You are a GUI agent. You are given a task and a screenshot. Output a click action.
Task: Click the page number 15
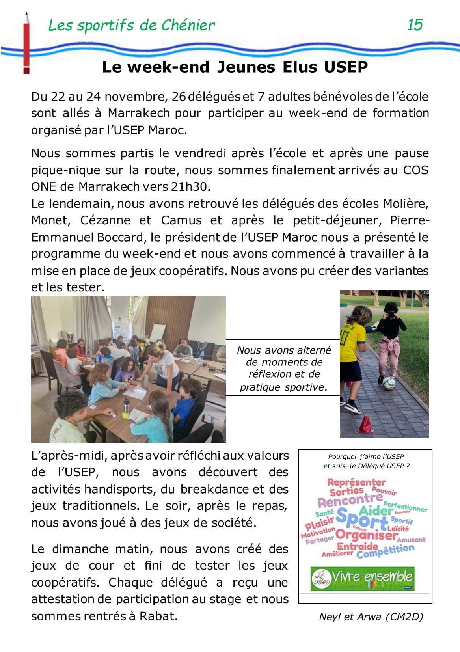pos(415,25)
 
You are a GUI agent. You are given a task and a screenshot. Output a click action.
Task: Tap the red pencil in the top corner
pos(26,43)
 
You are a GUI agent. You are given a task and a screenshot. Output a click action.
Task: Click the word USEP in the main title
pos(346,67)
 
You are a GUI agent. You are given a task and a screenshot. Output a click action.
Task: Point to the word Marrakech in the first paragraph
pos(139,113)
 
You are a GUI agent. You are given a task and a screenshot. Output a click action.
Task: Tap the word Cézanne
pos(105,220)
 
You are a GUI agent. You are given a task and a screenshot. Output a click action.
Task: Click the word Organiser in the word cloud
pos(366,535)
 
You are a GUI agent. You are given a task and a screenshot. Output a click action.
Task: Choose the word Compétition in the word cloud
pos(385,551)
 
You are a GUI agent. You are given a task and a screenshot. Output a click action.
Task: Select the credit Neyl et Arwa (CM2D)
pos(371,617)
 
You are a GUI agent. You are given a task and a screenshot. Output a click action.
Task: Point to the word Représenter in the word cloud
pos(356,482)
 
